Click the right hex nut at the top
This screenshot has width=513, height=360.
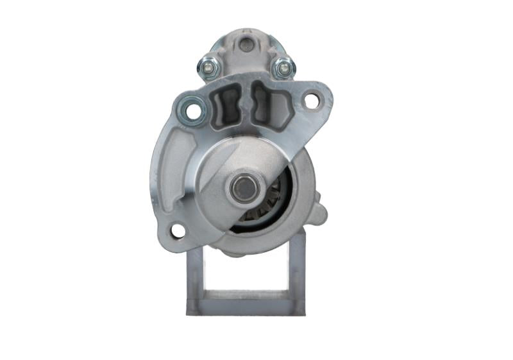pos(282,66)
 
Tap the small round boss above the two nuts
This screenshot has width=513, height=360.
pos(246,44)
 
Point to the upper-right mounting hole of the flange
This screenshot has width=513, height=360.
pos(311,101)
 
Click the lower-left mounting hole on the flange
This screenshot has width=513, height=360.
pos(178,230)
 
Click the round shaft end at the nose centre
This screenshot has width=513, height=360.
pos(244,188)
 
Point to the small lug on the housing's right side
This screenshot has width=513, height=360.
pos(320,214)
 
